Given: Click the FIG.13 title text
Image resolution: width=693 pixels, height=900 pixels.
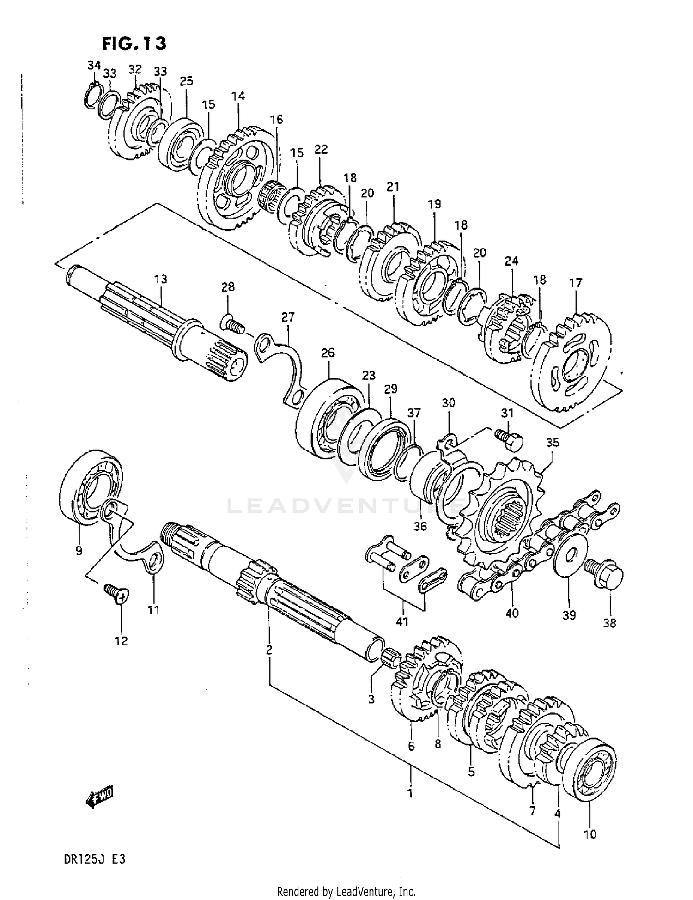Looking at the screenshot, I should click(134, 43).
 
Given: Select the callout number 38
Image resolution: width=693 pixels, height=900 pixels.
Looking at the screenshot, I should click(609, 623).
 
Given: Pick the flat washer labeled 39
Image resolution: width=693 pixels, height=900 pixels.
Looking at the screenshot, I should click(570, 554).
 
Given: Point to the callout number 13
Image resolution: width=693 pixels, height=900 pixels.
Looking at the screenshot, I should click(160, 279).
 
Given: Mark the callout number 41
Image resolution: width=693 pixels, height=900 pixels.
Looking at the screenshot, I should click(402, 621).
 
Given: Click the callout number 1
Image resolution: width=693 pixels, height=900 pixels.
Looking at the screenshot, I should click(409, 793).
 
